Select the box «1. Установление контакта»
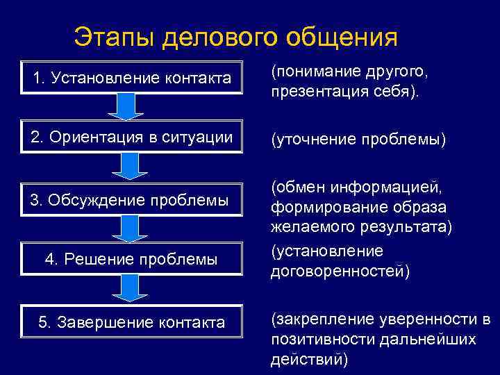pyautogui.click(x=131, y=78)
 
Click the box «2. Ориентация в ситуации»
pyautogui.click(x=131, y=137)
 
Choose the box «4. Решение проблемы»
pyautogui.click(x=131, y=259)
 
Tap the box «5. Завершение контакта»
pyautogui.click(x=131, y=322)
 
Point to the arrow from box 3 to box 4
pyautogui.click(x=130, y=229)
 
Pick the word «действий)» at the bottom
pyautogui.click(x=309, y=359)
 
